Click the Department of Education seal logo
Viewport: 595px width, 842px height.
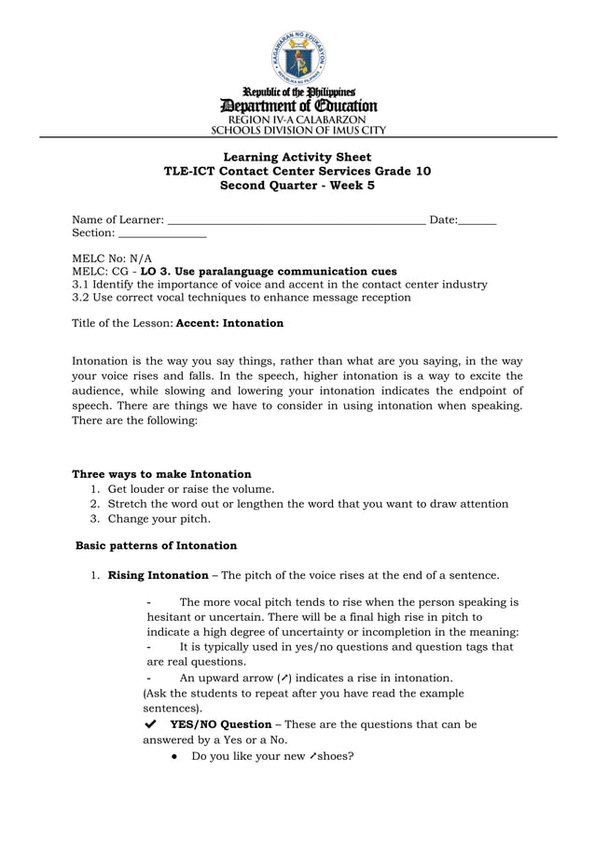[297, 58]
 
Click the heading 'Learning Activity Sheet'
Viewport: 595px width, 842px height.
[297, 157]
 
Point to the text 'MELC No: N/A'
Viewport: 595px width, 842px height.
[112, 258]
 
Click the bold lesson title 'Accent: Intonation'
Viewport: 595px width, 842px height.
[229, 323]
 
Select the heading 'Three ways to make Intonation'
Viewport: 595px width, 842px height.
[161, 474]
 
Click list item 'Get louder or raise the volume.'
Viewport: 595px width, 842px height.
[191, 489]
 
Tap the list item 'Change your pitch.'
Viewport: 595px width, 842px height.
[159, 519]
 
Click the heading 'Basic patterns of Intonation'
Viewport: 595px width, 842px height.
[156, 545]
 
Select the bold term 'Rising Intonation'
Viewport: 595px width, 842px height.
[159, 575]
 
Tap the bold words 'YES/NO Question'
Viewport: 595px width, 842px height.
[221, 724]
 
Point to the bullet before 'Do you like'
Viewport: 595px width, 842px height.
[175, 756]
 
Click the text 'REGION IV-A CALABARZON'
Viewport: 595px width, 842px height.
[297, 119]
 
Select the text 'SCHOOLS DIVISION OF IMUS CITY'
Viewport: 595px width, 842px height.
[297, 131]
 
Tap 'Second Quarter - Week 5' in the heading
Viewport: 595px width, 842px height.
[297, 186]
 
